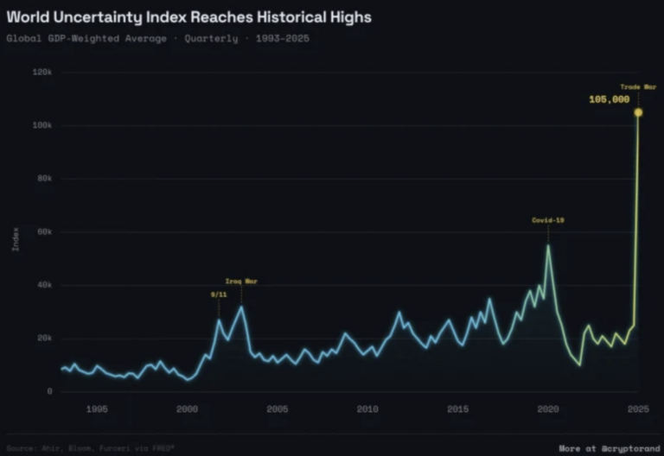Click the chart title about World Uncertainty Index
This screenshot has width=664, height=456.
point(189,16)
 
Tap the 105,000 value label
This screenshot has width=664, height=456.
point(609,99)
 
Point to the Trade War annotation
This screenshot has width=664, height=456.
point(638,86)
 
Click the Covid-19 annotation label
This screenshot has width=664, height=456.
point(547,220)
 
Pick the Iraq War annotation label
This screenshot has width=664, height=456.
point(241,282)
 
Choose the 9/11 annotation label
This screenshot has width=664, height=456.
point(218,294)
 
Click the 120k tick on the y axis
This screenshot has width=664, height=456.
point(42,72)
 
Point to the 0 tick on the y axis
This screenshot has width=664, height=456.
point(49,391)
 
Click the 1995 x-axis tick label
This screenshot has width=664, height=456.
point(97,408)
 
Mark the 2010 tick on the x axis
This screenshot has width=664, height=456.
point(367,408)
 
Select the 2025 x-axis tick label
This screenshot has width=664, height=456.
point(638,408)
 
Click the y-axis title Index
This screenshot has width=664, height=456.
point(16,238)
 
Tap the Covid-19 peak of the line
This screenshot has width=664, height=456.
point(548,245)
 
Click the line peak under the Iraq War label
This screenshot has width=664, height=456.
point(241,307)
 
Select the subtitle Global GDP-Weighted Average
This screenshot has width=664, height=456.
point(86,38)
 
